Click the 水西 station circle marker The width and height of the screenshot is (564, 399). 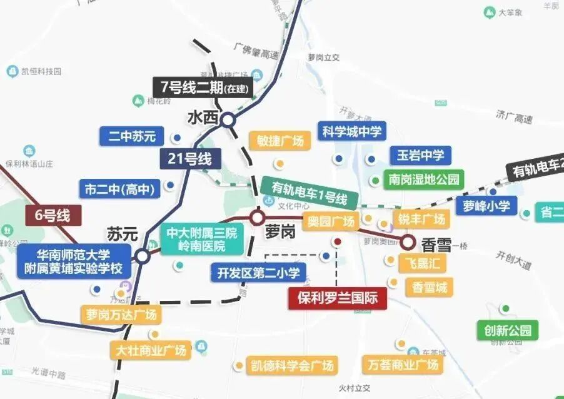[x=228, y=119]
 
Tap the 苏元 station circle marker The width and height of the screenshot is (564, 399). [x=143, y=256]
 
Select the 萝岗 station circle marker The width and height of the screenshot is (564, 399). [x=257, y=218]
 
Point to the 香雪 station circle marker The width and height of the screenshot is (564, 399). [x=408, y=241]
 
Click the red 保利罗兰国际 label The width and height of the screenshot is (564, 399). [x=338, y=298]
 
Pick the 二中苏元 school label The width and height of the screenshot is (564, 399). [x=131, y=136]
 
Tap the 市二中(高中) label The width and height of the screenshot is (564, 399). [x=118, y=188]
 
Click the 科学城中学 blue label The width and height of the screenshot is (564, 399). [x=351, y=131]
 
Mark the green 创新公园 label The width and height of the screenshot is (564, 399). [x=507, y=330]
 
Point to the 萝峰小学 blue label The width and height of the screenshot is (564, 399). [x=486, y=205]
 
